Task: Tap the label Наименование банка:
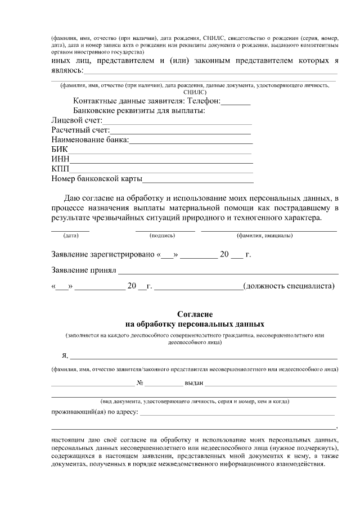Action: point(90,140)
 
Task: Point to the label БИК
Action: point(59,150)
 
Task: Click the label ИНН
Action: point(60,159)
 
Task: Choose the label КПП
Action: point(60,169)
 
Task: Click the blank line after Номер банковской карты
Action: point(198,181)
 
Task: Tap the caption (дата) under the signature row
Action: point(71,236)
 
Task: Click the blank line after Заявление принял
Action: point(228,272)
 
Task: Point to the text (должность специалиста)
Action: point(289,286)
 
